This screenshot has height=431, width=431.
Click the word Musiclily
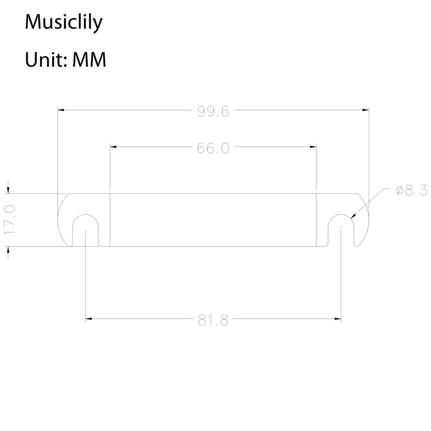pos(64,22)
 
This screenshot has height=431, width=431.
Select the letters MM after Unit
pos(89,60)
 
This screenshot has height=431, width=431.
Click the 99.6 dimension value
pos(213,112)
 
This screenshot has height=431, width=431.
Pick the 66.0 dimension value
pos(213,148)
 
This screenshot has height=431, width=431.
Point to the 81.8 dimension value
pos(213,321)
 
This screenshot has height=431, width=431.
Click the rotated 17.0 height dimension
pos(10,220)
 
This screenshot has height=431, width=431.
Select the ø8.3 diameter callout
pos(412,191)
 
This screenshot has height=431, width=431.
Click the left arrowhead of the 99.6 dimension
pos(61,110)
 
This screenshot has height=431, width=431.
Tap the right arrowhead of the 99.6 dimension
pos(366,110)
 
